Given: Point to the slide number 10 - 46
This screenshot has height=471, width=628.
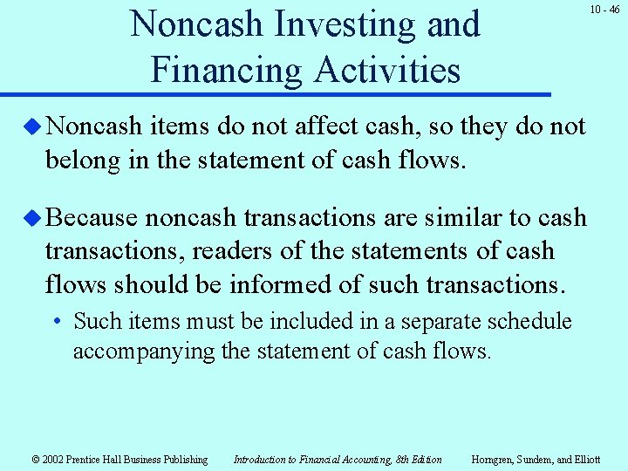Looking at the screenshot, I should tap(604, 10).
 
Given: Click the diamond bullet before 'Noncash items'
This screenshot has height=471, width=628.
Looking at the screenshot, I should tap(33, 126).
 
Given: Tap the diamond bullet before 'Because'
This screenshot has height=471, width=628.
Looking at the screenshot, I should tap(33, 217).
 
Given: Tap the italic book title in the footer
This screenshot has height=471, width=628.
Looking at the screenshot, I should tap(338, 459).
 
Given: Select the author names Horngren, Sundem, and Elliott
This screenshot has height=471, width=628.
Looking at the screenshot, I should tap(536, 459).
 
